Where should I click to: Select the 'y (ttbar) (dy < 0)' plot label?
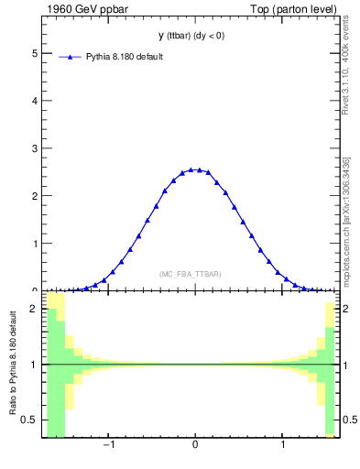191,36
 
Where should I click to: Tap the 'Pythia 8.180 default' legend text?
126,57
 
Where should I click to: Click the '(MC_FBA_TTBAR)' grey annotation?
191,274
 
